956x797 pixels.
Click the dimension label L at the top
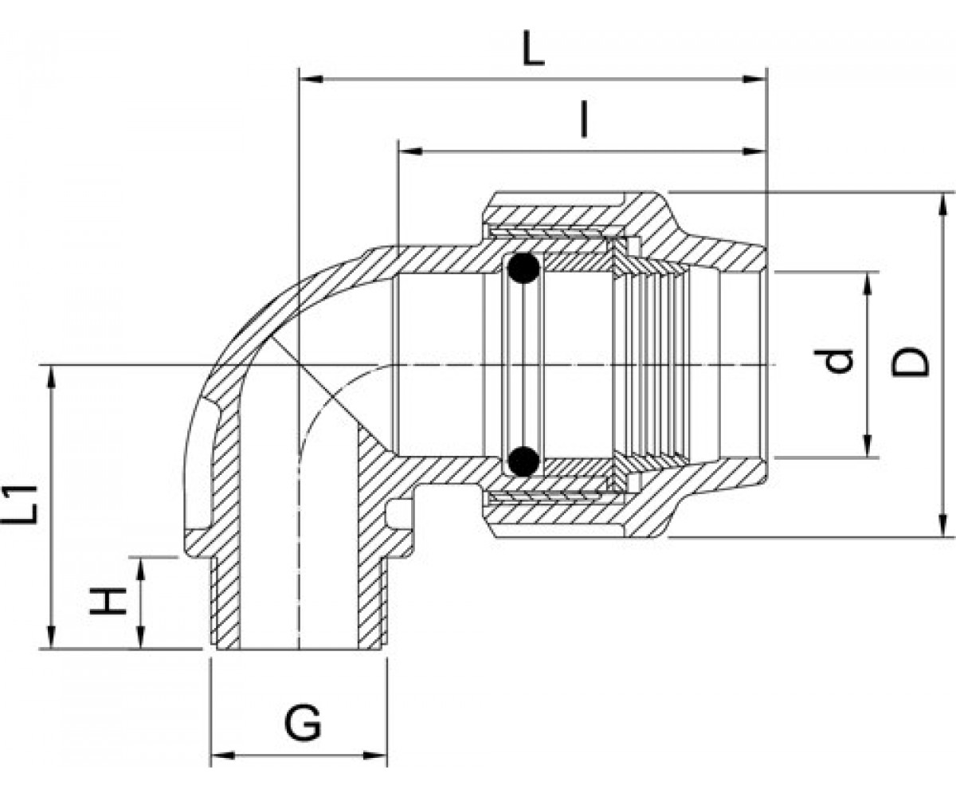click(534, 48)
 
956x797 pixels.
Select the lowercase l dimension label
click(583, 120)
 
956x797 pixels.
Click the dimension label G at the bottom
click(303, 723)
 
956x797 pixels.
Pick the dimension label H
click(108, 602)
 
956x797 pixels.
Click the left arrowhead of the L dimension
click(311, 79)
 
